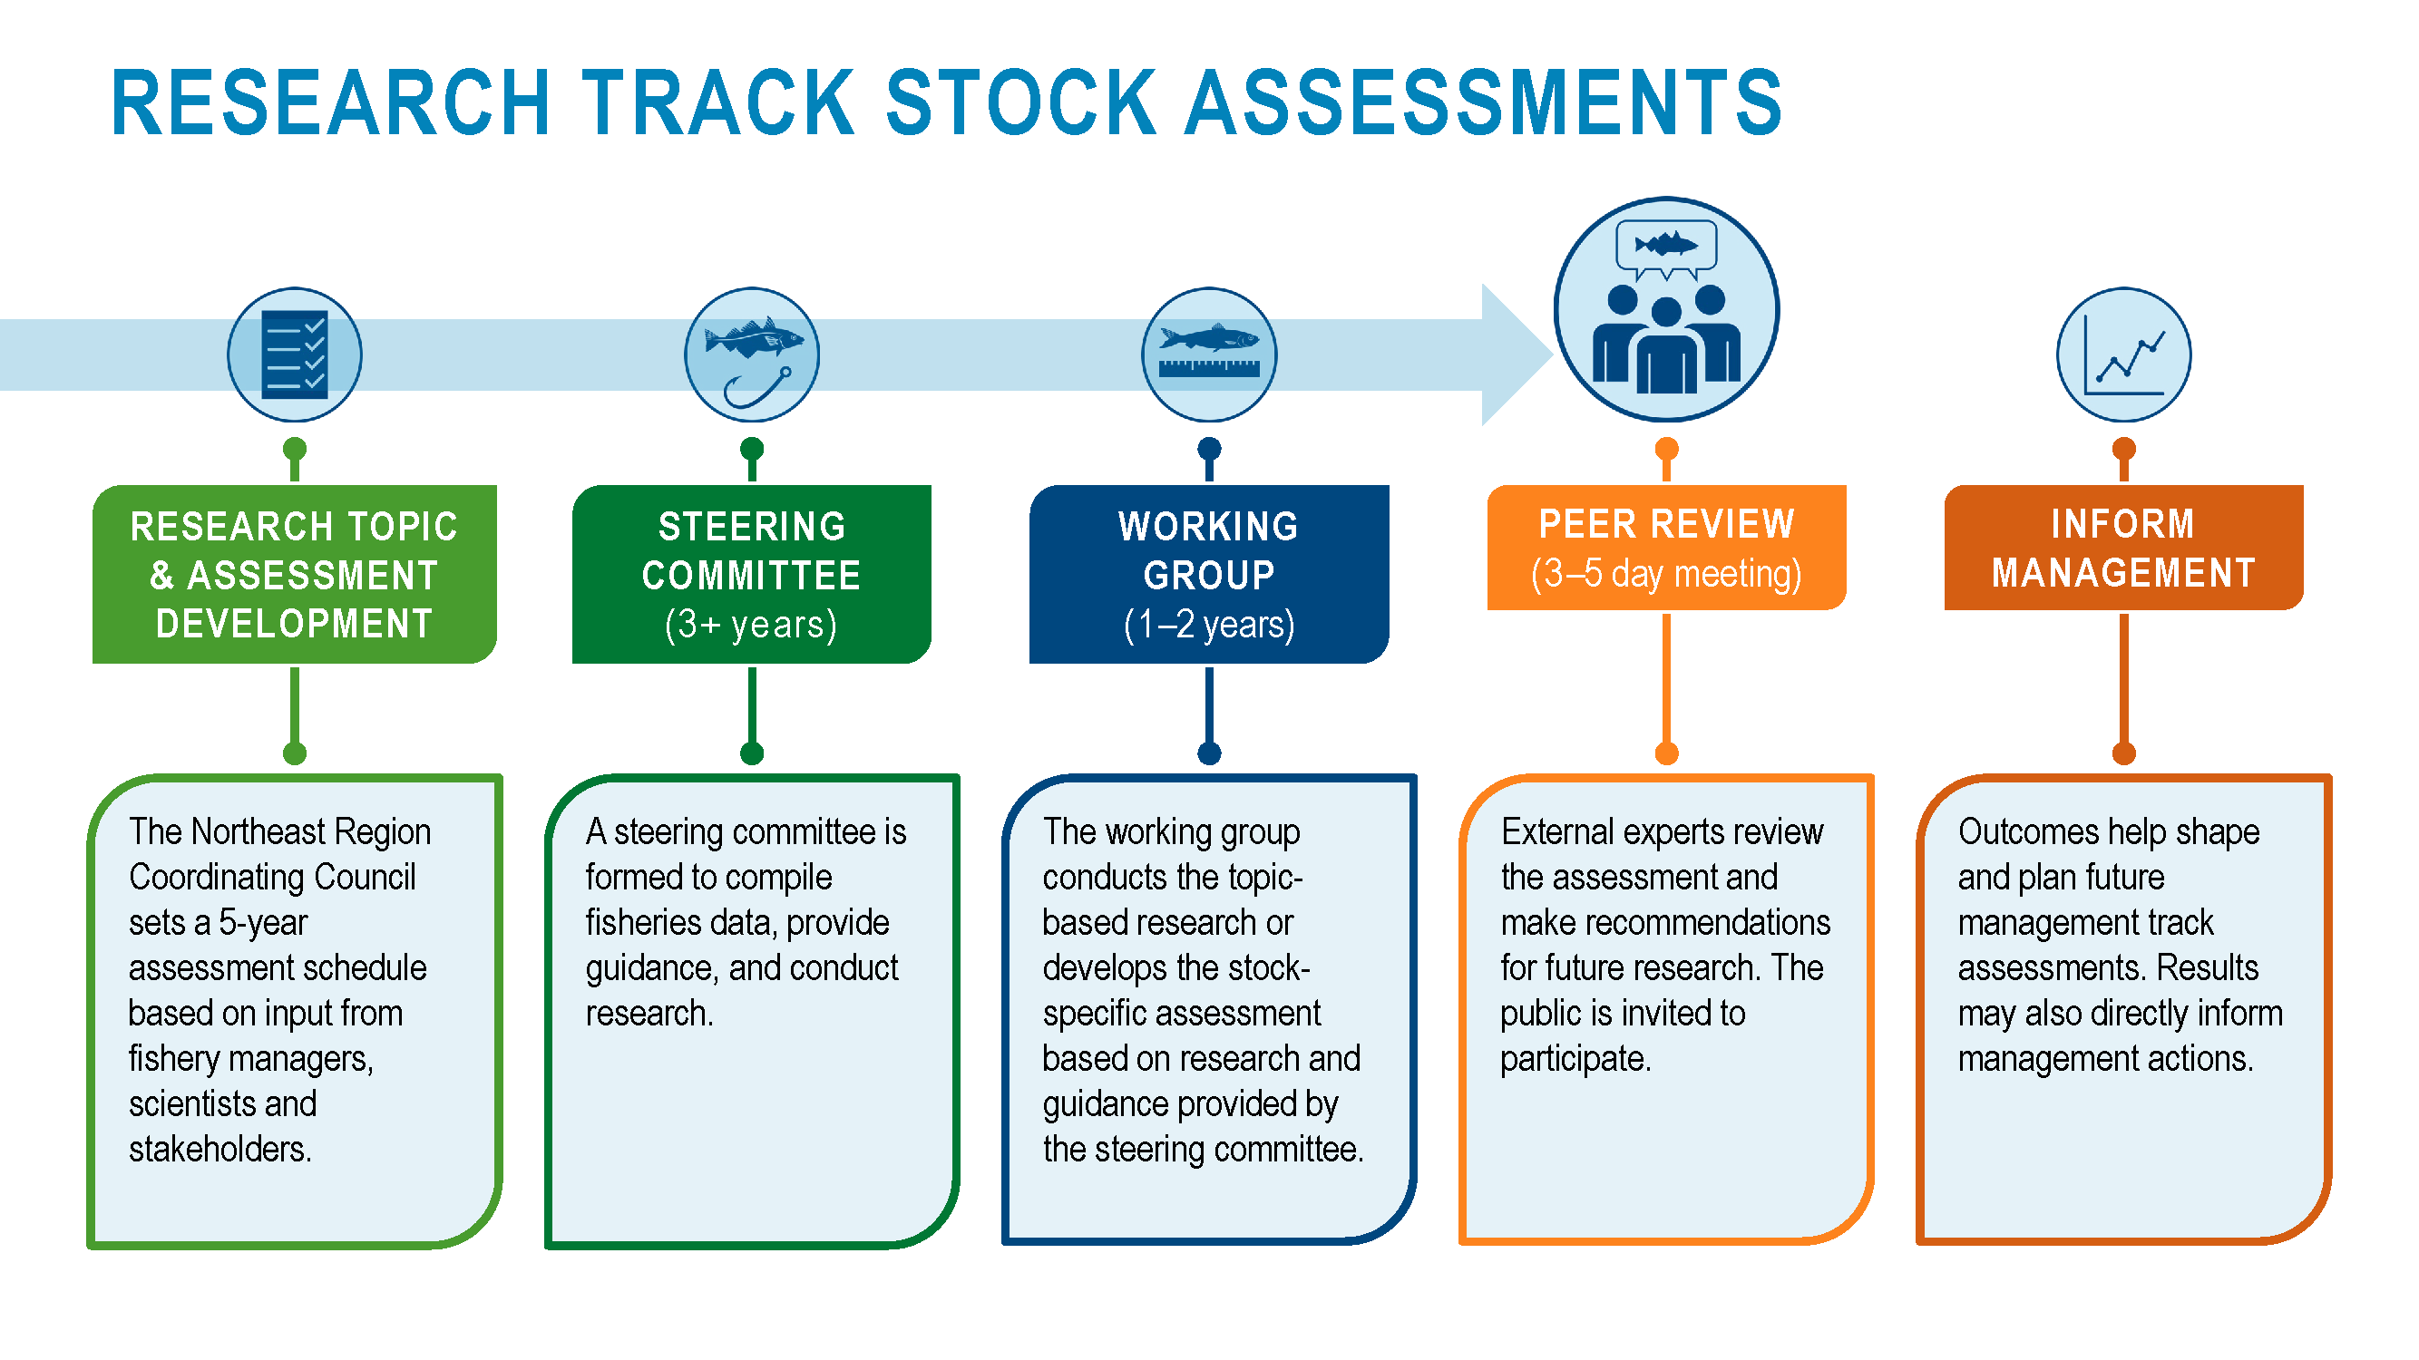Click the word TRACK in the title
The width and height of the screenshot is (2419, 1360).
[x=718, y=102]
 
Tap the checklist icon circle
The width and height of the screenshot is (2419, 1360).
[x=295, y=355]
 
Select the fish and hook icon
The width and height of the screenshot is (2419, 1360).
[x=751, y=355]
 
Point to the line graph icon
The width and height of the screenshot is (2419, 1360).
[x=2123, y=355]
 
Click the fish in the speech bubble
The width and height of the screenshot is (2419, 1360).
[x=1666, y=246]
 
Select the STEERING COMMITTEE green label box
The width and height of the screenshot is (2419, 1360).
[x=751, y=575]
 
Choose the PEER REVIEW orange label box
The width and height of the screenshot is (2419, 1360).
[x=1667, y=548]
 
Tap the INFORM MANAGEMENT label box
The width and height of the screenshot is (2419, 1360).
[x=2123, y=548]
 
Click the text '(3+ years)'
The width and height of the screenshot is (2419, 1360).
[x=751, y=624]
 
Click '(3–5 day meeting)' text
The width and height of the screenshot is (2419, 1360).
[x=1667, y=574]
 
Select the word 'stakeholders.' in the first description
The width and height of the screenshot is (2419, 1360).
[x=219, y=1149]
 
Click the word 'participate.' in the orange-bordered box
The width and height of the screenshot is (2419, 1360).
[x=1575, y=1059]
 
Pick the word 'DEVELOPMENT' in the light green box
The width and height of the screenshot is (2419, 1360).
[x=294, y=623]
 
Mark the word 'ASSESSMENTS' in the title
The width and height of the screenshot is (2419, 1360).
[x=1484, y=102]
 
